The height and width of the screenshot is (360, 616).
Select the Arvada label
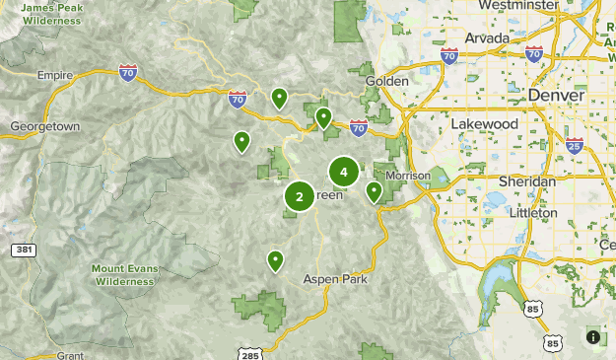click(x=487, y=38)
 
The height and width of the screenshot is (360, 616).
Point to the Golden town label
click(x=386, y=81)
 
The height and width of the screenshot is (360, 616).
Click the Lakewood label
click(x=484, y=124)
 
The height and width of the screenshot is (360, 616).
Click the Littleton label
click(x=533, y=212)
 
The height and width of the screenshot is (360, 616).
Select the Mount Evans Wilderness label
click(x=124, y=274)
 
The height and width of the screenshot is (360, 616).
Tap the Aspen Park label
click(x=335, y=279)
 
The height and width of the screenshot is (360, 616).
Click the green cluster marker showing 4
click(x=343, y=173)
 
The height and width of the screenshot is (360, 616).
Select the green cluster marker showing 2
click(x=299, y=196)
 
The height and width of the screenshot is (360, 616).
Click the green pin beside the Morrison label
click(x=375, y=191)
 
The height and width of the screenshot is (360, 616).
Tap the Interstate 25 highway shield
click(x=576, y=146)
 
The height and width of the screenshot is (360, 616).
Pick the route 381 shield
click(x=24, y=251)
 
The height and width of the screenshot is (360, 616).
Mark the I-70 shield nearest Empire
click(x=127, y=71)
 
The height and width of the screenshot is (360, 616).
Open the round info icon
click(x=593, y=337)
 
